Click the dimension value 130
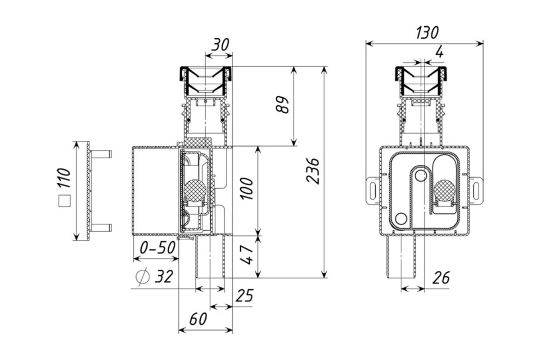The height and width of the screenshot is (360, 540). [427, 33]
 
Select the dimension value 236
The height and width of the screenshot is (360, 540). [313, 171]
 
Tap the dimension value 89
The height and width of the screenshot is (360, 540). [282, 105]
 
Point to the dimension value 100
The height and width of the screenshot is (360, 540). [247, 189]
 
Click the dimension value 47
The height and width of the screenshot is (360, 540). [247, 255]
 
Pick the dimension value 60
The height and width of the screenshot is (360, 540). [198, 319]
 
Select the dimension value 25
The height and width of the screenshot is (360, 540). [244, 295]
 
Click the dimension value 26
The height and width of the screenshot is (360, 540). [441, 278]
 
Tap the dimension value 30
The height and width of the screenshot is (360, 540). [220, 45]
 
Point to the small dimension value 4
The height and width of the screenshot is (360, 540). [440, 52]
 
